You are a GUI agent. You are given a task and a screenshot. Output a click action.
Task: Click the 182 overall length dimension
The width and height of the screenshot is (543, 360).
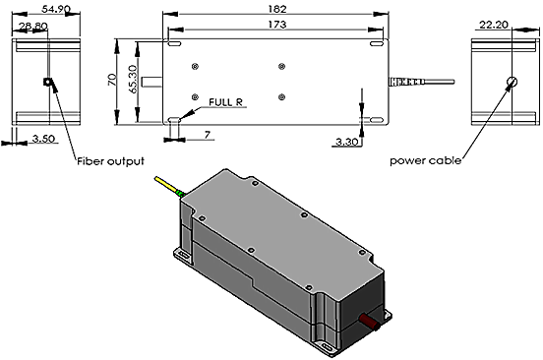(x=277, y=9)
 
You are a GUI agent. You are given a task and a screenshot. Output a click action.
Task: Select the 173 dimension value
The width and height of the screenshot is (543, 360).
(x=277, y=25)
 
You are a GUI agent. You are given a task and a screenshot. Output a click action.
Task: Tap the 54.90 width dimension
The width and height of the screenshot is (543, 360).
(x=56, y=9)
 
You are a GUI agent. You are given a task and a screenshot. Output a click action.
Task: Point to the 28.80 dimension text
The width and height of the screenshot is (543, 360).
(x=33, y=26)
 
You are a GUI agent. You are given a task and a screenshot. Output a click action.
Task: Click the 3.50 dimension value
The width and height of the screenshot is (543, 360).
(x=43, y=139)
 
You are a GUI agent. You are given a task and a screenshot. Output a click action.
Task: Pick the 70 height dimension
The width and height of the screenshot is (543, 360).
(x=112, y=80)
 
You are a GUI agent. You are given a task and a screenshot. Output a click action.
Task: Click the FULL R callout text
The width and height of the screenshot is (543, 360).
(x=225, y=102)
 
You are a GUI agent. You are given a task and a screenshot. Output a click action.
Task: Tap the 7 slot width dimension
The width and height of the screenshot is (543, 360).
(x=208, y=135)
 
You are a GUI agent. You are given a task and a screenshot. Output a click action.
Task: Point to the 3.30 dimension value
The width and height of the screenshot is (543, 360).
(x=346, y=142)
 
